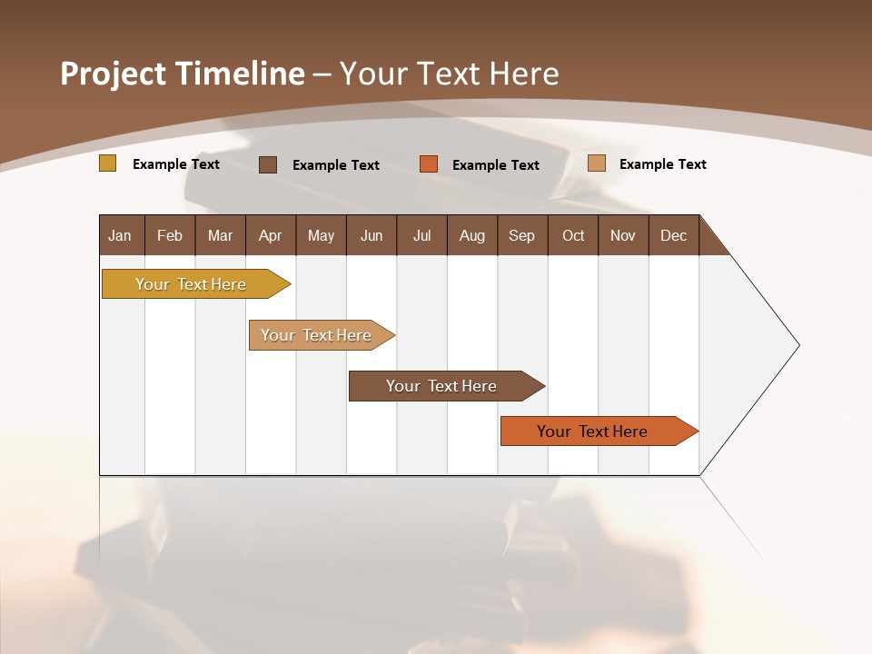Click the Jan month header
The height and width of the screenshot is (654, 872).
click(x=120, y=235)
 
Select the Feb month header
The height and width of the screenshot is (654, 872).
click(x=170, y=235)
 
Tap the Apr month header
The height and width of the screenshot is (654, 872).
click(x=270, y=235)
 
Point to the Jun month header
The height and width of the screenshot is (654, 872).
click(x=372, y=235)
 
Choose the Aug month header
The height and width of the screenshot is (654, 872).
click(x=471, y=235)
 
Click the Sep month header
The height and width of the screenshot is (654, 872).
click(x=521, y=235)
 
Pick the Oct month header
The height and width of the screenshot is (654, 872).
click(x=573, y=235)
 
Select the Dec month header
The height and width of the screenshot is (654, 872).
click(x=673, y=235)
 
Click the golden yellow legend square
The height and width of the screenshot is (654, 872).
click(x=108, y=163)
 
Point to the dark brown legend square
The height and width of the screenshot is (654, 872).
click(x=268, y=164)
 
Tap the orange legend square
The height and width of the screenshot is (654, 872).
click(x=429, y=164)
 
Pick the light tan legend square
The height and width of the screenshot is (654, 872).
click(x=597, y=163)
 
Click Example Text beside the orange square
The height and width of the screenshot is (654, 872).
click(x=496, y=165)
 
